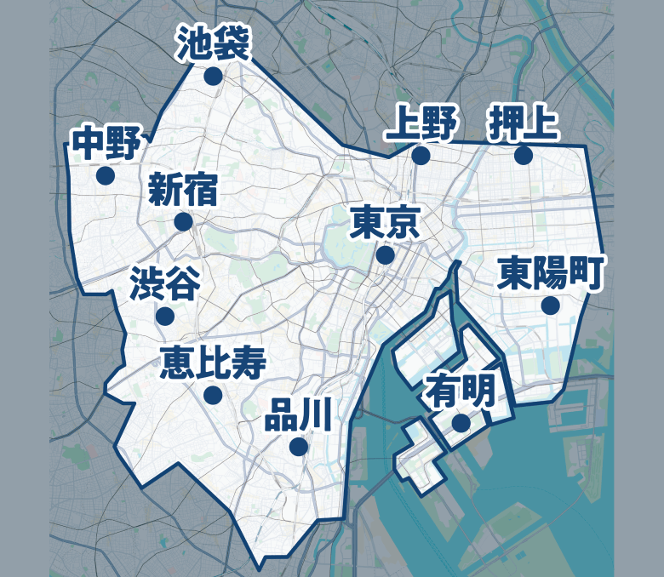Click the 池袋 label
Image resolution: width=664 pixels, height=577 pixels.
[213, 44]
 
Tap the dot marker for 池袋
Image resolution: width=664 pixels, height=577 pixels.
[213, 77]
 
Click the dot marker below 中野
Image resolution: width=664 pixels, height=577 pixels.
[106, 175]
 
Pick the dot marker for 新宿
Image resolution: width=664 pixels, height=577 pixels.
[183, 222]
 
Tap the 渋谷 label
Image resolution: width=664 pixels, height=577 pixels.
[165, 284]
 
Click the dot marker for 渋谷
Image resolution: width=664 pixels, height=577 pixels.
[165, 316]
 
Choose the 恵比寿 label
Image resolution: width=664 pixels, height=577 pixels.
[214, 363]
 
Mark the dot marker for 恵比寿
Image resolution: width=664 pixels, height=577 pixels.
[213, 395]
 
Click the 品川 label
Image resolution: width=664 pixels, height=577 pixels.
[298, 414]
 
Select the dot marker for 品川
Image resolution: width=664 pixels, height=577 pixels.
[298, 446]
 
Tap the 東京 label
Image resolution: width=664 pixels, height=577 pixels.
[385, 223]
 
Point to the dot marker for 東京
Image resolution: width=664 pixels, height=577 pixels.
[385, 254]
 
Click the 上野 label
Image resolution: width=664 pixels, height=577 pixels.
[421, 124]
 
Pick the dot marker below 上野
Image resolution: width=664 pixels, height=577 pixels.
[421, 155]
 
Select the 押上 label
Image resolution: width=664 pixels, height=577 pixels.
[523, 124]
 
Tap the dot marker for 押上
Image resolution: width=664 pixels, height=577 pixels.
[523, 155]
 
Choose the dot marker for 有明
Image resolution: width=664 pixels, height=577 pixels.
[461, 423]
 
